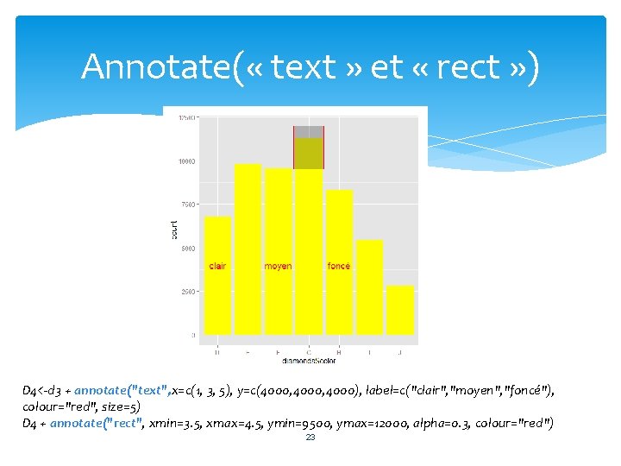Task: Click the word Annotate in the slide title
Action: tap(155, 66)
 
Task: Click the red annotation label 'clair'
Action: tap(217, 266)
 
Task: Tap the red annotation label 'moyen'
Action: tap(278, 266)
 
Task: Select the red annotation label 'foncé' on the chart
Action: tap(339, 266)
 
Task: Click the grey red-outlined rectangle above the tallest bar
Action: tap(309, 132)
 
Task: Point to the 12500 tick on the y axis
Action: tap(186, 117)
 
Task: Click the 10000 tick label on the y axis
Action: tap(186, 161)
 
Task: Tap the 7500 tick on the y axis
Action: tap(188, 205)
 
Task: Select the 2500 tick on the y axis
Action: tap(188, 292)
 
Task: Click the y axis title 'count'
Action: tap(173, 228)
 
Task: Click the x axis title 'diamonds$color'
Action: tap(309, 361)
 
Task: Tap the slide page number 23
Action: tap(310, 438)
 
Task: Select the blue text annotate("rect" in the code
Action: tap(97, 422)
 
